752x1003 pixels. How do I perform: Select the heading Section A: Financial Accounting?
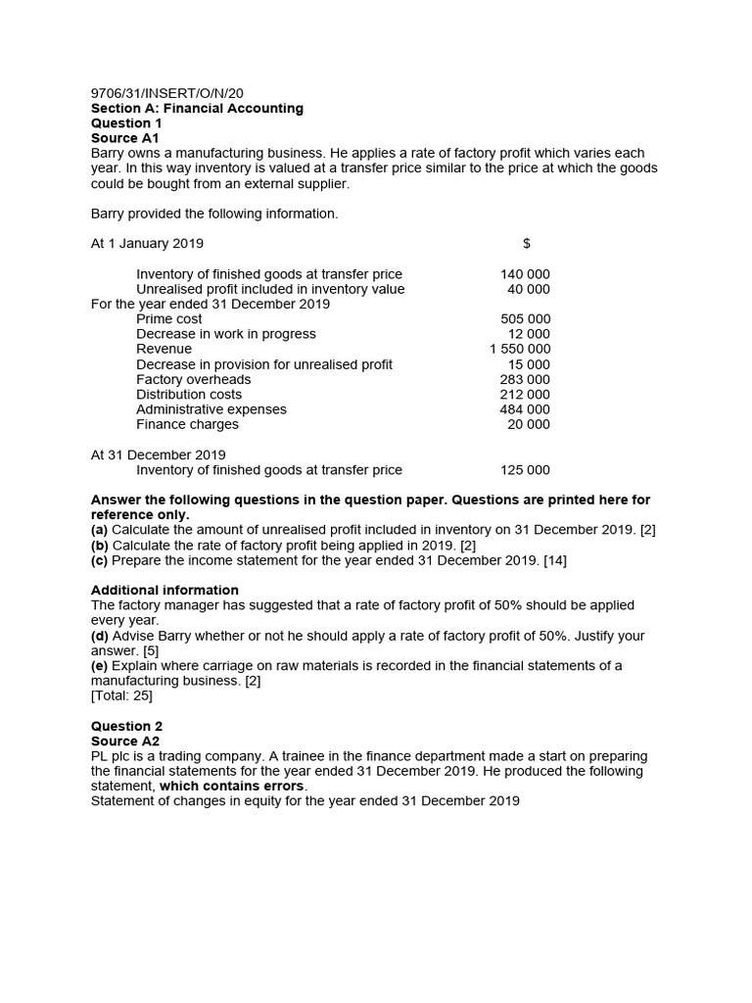coord(197,108)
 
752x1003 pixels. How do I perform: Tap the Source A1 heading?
coord(124,138)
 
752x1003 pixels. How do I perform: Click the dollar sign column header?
coord(527,243)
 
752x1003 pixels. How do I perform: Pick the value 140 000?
coord(525,274)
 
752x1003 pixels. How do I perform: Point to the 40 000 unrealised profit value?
coord(529,289)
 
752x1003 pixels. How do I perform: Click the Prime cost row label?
coord(169,318)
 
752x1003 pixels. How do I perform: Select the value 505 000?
coord(525,318)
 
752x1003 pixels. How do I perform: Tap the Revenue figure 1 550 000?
coord(520,349)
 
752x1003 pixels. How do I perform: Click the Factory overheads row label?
coord(193,379)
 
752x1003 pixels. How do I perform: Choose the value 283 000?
coord(525,379)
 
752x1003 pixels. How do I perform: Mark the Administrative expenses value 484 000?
coord(525,409)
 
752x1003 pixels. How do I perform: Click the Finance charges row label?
coord(187,424)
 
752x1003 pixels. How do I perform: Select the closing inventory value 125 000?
coord(525,470)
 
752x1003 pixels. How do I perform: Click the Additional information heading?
coord(164,590)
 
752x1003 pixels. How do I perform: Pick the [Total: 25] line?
coord(121,695)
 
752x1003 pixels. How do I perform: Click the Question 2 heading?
coord(126,726)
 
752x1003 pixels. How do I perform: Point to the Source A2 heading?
coord(124,740)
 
